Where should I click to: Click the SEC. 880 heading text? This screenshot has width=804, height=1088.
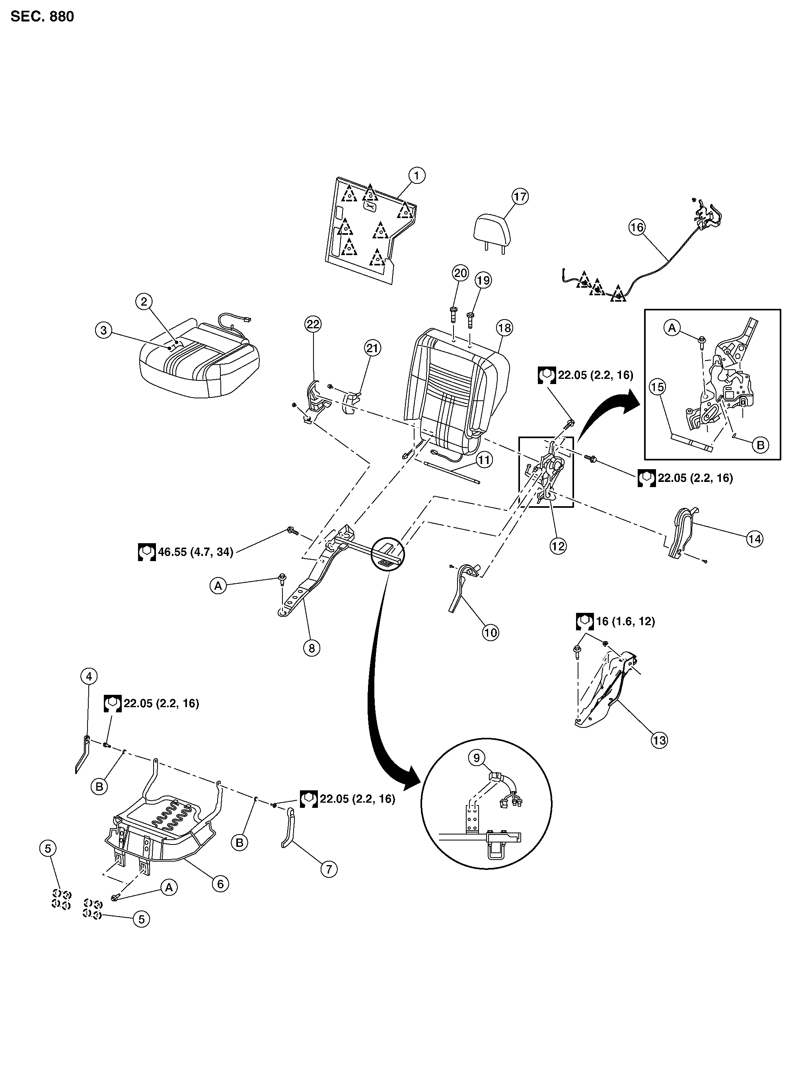coord(42,17)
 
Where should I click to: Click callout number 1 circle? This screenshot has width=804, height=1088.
coord(417,175)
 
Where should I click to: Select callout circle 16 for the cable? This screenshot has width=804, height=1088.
coord(637,227)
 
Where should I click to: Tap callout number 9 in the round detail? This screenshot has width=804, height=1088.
coord(477,758)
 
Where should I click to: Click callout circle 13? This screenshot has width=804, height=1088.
coord(660,741)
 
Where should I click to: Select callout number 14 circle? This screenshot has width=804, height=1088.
coord(754,539)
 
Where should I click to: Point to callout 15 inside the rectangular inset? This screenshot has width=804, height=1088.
coord(658,387)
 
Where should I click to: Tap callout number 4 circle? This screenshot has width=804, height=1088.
coord(89,676)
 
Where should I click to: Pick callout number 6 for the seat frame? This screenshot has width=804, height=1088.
coord(220,883)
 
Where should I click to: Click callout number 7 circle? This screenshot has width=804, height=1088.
coord(329,869)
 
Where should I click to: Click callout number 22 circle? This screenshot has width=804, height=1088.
coord(313,324)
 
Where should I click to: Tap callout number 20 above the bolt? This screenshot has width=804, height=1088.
coord(460,273)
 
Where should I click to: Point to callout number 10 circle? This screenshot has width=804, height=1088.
coord(490,632)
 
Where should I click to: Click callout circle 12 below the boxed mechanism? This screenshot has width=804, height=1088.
coord(558,546)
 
